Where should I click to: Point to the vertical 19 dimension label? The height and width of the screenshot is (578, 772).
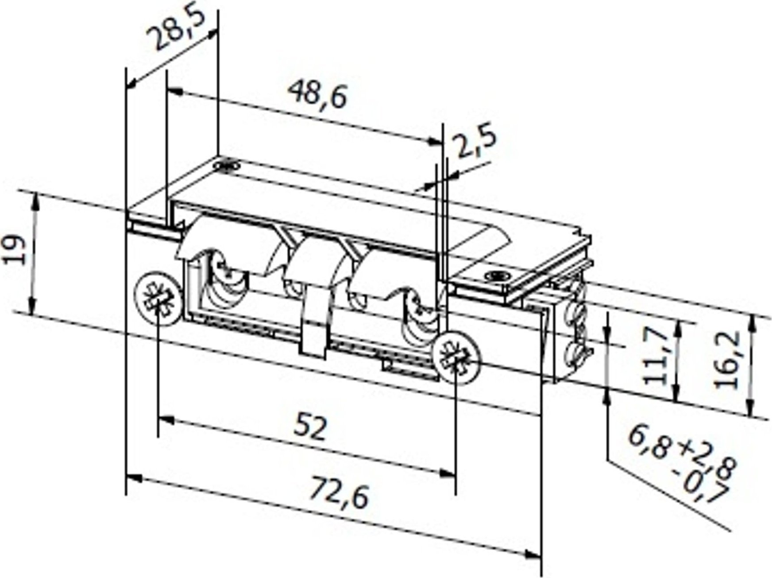pos(17,251)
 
